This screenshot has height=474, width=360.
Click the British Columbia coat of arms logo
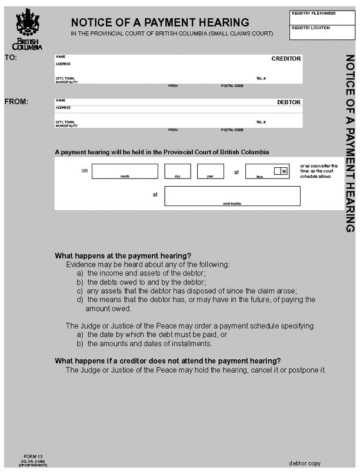point(27,24)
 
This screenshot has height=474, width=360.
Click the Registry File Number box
point(322,16)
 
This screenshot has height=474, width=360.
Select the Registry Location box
point(322,32)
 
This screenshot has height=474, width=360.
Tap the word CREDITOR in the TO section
point(286,59)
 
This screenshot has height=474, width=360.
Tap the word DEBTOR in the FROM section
point(289,102)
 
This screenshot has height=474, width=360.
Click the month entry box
point(125,171)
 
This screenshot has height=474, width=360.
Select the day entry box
point(177,171)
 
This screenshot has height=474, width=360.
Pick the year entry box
point(210,171)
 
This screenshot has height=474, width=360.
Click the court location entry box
point(232,195)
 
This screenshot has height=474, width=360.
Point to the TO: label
point(11,58)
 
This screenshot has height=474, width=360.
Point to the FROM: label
point(16,101)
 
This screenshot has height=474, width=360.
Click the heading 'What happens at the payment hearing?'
point(123,256)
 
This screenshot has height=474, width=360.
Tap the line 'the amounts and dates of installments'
point(149,343)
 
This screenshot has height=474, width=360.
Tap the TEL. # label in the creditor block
point(261,78)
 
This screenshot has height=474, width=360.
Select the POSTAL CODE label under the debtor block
point(232,130)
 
